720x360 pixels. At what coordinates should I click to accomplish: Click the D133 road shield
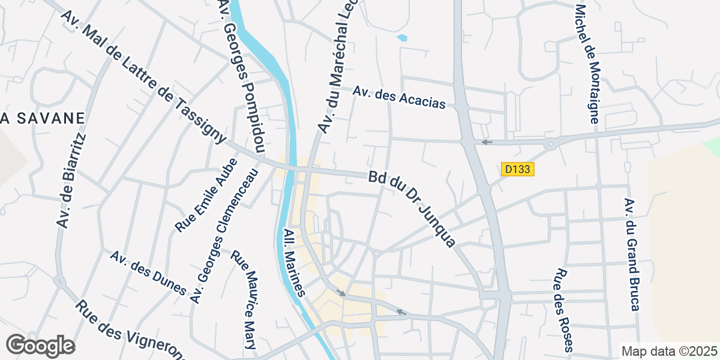click(x=517, y=169)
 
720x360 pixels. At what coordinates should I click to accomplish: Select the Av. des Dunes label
click(x=148, y=273)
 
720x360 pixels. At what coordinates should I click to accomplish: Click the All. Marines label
click(x=295, y=262)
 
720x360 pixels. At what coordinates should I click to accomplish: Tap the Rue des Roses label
click(x=564, y=309)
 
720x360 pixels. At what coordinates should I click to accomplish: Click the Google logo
click(x=40, y=346)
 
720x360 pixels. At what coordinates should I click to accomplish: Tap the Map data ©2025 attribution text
click(x=669, y=351)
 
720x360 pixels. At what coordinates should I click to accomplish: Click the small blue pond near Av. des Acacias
click(x=401, y=38)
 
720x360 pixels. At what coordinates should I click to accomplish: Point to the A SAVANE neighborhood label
click(x=42, y=118)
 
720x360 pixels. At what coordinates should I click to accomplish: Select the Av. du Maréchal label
click(x=337, y=66)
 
